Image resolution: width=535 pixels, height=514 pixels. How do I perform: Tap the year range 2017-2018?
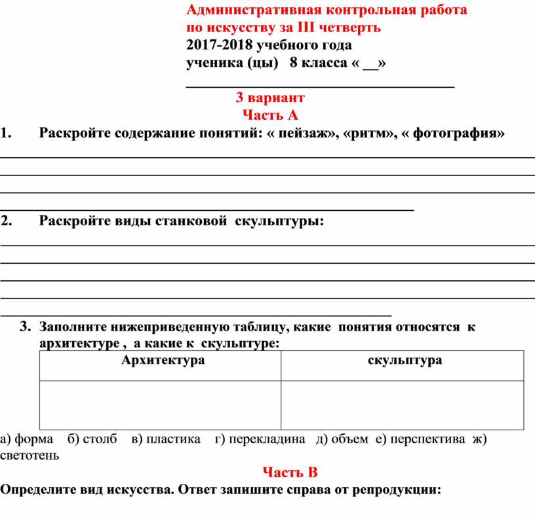(218, 45)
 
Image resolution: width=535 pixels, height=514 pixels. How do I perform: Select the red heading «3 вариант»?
(270, 98)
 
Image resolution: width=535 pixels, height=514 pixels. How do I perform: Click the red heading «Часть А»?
(270, 116)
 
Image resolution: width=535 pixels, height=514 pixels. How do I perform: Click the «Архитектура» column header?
(163, 360)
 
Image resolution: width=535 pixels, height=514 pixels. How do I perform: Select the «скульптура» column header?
(405, 360)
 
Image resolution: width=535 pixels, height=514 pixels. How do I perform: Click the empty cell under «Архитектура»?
(161, 405)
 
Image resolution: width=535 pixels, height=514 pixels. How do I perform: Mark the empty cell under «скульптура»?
(403, 405)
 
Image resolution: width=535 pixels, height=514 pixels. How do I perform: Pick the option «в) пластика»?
(166, 439)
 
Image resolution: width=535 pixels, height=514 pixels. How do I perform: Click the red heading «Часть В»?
(290, 472)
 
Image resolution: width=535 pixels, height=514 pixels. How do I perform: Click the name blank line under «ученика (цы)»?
(320, 84)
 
